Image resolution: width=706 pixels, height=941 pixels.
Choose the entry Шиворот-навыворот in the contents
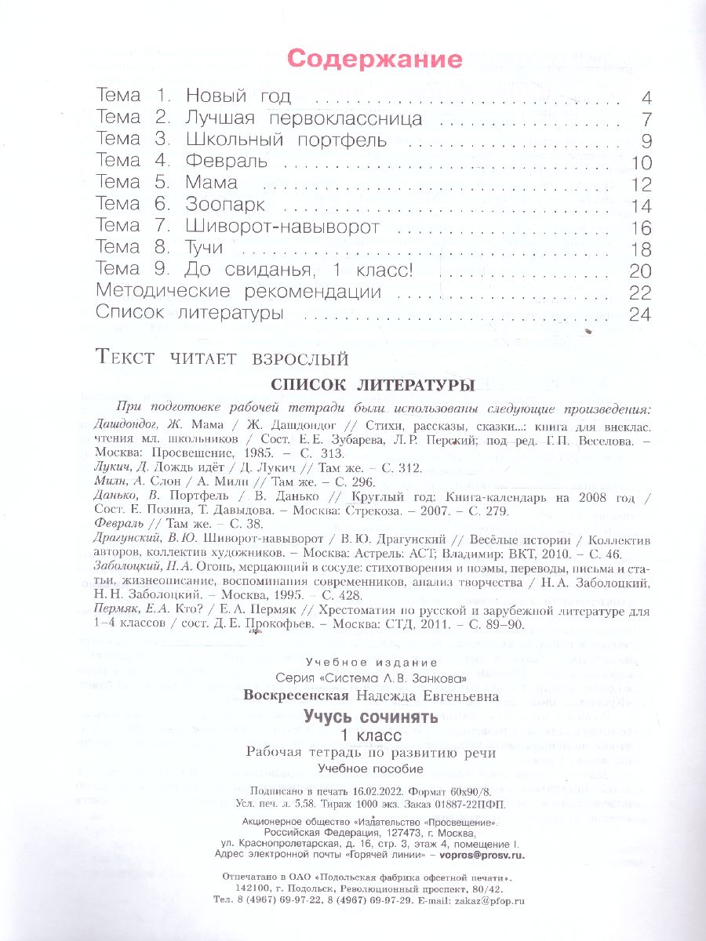(282, 227)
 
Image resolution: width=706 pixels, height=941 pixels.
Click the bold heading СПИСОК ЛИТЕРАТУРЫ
(372, 385)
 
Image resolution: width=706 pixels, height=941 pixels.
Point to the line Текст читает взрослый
(221, 359)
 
